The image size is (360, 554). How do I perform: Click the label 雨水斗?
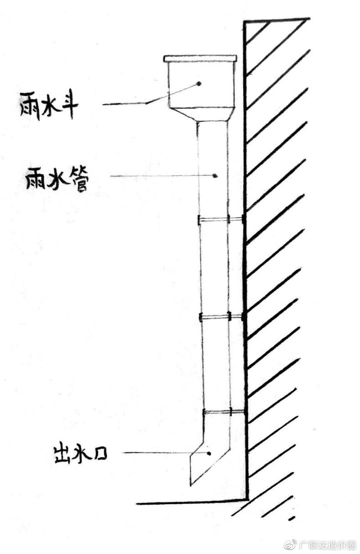click(48, 106)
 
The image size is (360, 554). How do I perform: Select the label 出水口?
click(81, 454)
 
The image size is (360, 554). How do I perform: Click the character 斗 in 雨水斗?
click(68, 105)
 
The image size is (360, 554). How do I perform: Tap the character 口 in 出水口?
click(100, 455)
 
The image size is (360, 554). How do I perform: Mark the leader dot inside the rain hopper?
click(198, 83)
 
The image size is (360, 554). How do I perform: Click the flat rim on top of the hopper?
click(200, 59)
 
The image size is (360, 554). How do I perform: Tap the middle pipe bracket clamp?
click(221, 317)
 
